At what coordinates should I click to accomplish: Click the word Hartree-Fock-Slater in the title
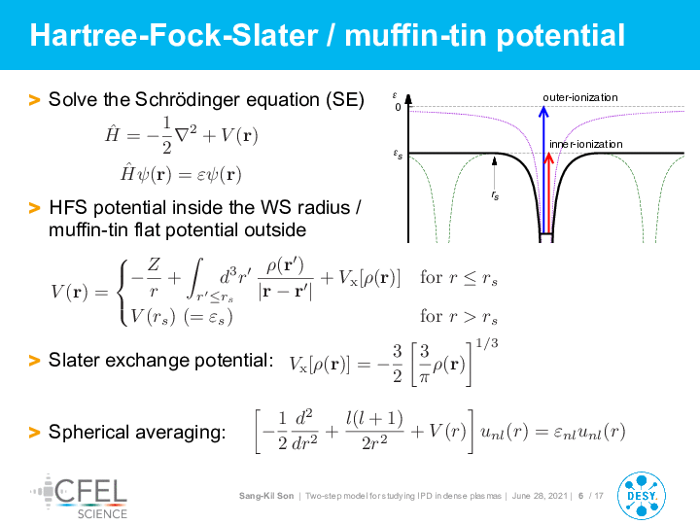(174, 35)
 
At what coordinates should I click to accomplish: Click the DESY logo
(641, 496)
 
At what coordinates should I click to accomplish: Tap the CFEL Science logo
(79, 497)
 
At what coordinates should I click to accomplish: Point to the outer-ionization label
(579, 97)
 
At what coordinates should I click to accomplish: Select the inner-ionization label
(585, 144)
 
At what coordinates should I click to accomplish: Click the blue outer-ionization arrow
(543, 169)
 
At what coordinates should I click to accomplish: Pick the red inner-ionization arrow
(549, 192)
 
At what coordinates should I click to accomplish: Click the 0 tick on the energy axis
(398, 107)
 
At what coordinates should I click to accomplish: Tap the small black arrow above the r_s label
(494, 173)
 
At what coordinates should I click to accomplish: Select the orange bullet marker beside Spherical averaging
(34, 432)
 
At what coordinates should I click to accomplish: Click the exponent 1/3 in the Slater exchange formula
(487, 343)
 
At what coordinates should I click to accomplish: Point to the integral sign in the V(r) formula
(195, 278)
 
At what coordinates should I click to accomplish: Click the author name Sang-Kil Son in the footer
(266, 496)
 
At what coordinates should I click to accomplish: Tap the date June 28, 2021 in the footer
(540, 496)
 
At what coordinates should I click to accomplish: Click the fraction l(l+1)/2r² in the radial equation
(374, 431)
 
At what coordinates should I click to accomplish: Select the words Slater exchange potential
(160, 361)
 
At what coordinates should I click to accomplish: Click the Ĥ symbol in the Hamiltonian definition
(112, 133)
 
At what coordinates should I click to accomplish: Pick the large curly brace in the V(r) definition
(122, 292)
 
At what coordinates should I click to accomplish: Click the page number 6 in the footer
(580, 496)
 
